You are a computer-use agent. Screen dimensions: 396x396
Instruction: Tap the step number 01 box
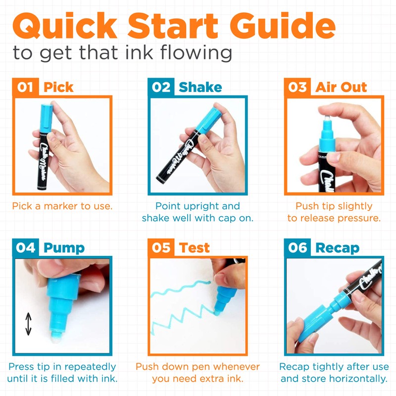25,87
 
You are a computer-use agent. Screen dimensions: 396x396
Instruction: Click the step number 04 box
25,247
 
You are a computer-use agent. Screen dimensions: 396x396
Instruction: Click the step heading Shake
200,87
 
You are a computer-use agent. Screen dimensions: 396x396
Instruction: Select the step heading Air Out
341,87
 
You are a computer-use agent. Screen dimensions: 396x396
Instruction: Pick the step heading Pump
64,247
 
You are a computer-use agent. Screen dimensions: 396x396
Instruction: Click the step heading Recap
337,247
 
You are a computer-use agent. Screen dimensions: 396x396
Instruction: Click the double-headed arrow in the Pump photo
28,324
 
